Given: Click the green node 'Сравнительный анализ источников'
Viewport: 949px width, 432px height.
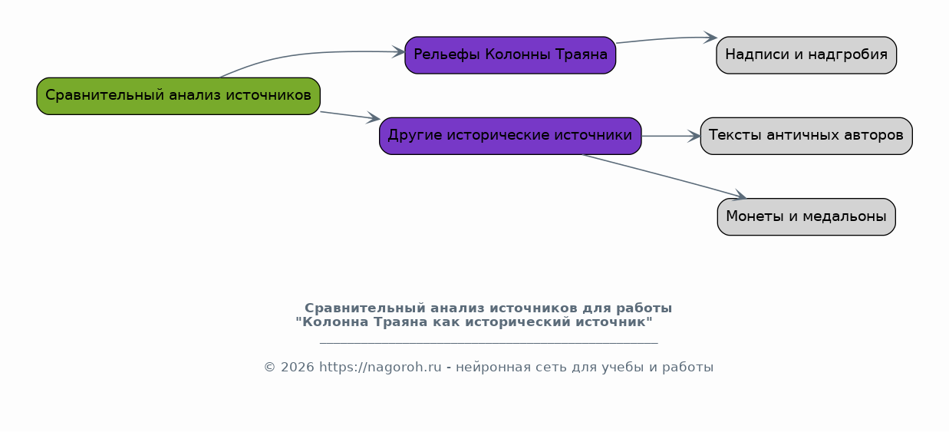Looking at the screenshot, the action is tap(178, 96).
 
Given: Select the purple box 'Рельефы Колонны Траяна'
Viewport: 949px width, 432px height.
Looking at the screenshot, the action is tap(510, 55).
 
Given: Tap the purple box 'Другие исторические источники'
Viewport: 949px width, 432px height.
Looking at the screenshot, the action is tap(510, 136).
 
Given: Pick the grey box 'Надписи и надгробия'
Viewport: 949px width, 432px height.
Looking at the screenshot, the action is tap(806, 55).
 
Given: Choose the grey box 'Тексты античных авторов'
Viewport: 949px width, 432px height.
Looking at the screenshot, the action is tap(806, 136).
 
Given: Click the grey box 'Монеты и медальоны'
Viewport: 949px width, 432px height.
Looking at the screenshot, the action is tap(806, 216).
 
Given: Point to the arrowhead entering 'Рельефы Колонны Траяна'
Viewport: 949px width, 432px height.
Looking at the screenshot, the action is tap(399, 52).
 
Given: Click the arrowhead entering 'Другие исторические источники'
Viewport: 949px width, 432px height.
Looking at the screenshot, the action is tap(374, 118).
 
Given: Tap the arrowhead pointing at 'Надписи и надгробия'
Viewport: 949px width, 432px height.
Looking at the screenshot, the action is tap(710, 38).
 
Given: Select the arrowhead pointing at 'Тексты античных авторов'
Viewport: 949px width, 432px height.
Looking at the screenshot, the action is tap(694, 136).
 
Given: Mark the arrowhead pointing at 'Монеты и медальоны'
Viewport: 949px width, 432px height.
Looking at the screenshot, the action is tap(740, 196).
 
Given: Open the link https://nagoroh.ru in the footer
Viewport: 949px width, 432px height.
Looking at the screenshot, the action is tap(380, 367).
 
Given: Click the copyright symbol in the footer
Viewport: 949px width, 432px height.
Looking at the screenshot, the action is tap(270, 367).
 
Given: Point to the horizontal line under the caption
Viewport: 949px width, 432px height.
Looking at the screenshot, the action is tap(489, 342).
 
